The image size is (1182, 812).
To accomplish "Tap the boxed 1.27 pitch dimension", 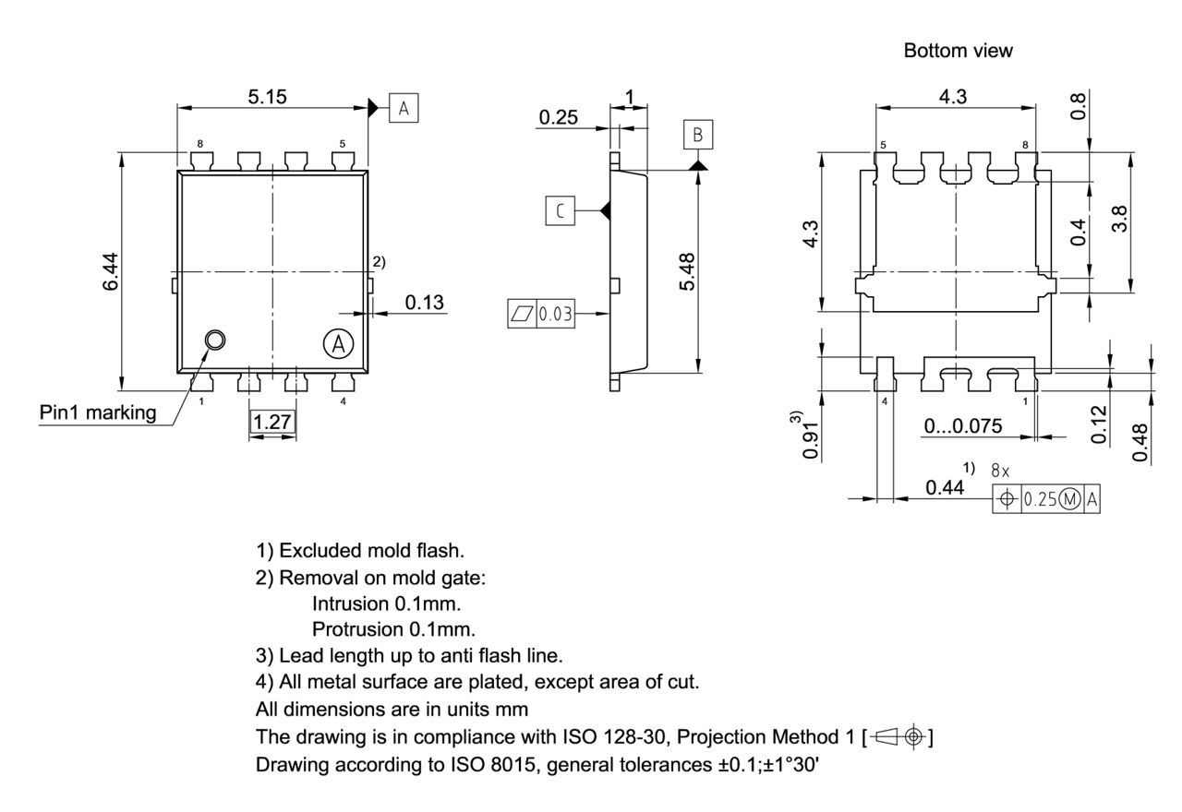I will [272, 423].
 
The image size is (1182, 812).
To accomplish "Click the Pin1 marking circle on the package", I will [215, 340].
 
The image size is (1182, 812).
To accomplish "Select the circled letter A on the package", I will [338, 344].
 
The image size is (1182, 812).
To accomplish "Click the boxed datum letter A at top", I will [404, 108].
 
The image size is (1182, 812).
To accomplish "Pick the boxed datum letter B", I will [698, 135].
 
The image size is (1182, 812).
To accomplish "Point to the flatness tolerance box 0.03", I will [541, 314].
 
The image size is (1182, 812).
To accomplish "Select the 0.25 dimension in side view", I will [558, 117].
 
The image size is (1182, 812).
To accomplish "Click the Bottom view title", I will [958, 52].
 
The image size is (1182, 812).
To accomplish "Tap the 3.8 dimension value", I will [1119, 220].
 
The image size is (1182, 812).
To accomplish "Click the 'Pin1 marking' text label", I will [98, 412].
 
